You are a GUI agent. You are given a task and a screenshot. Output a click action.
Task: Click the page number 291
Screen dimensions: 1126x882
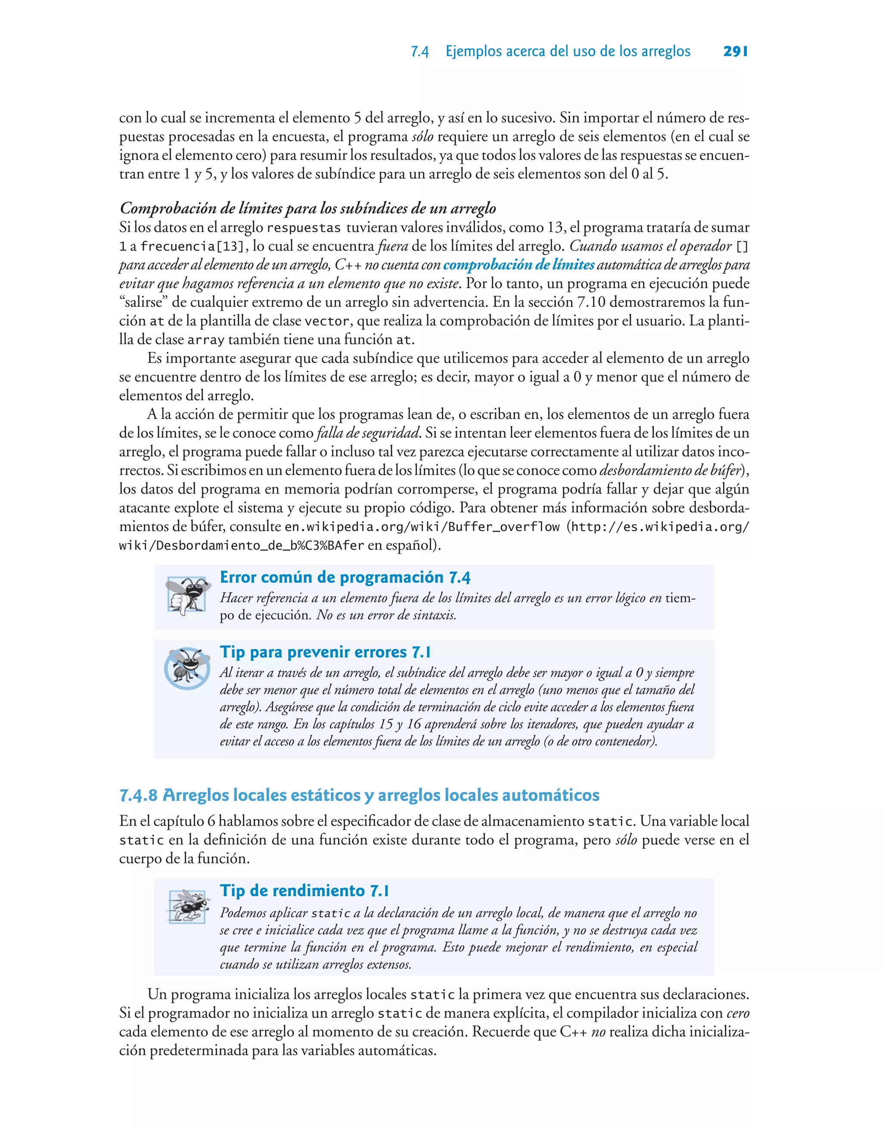[x=735, y=51]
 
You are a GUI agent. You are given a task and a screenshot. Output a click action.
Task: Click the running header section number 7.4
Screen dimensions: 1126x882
[x=419, y=52]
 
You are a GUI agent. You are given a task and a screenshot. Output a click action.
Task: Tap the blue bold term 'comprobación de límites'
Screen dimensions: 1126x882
[x=519, y=265]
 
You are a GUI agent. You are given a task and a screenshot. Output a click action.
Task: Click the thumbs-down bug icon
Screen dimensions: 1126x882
[x=187, y=596]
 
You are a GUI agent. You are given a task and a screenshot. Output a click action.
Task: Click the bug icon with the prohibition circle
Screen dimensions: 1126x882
[x=187, y=668]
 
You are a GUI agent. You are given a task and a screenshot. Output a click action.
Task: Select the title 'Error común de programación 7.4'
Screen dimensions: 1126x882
[x=345, y=577]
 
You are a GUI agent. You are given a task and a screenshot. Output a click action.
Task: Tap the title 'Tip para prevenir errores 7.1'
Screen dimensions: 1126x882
[x=325, y=652]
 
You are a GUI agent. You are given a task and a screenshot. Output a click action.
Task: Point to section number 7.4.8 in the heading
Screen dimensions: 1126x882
[x=138, y=795]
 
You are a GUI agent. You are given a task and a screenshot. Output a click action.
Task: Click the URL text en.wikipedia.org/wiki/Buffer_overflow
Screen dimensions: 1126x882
[x=422, y=527]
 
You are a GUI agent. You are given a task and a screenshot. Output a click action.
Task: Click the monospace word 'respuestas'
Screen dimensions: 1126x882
[x=304, y=228]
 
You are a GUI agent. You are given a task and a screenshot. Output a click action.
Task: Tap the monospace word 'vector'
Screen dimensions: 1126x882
[x=326, y=322]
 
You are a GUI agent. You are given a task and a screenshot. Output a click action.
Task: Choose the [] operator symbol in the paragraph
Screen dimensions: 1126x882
[x=742, y=247]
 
